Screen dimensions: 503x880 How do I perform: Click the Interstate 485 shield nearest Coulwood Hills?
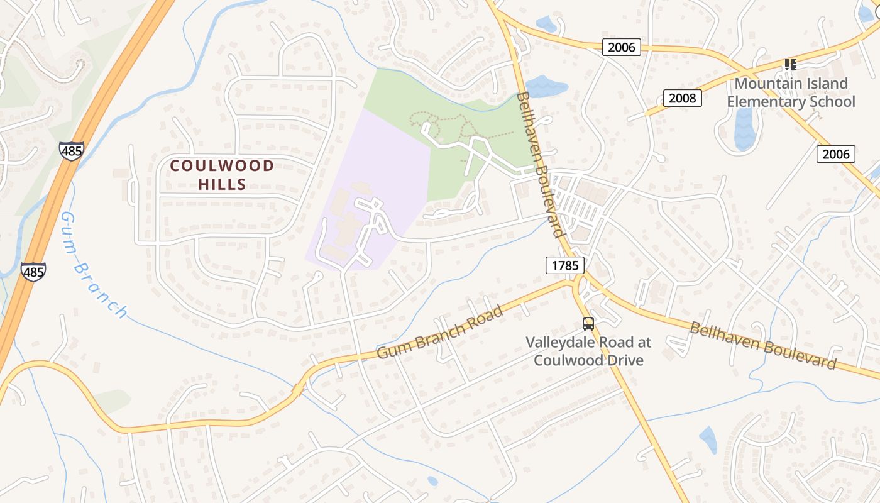point(72,151)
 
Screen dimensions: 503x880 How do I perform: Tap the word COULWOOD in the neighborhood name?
point(223,166)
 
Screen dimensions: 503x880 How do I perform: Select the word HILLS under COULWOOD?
point(223,184)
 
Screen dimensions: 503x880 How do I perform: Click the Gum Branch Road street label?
point(440,333)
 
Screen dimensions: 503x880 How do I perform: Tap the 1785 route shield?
point(564,265)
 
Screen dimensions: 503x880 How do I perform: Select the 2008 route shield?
point(682,98)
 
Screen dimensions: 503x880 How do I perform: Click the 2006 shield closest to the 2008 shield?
point(622,47)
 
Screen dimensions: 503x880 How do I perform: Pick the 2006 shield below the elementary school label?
point(835,154)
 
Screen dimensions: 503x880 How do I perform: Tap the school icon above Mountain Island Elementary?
point(790,64)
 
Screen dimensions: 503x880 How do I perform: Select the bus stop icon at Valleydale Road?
point(588,324)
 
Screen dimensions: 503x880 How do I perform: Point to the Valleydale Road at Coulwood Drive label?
point(588,351)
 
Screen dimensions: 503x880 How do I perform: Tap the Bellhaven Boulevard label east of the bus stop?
point(763,345)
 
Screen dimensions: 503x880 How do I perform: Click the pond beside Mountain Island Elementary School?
point(745,129)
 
